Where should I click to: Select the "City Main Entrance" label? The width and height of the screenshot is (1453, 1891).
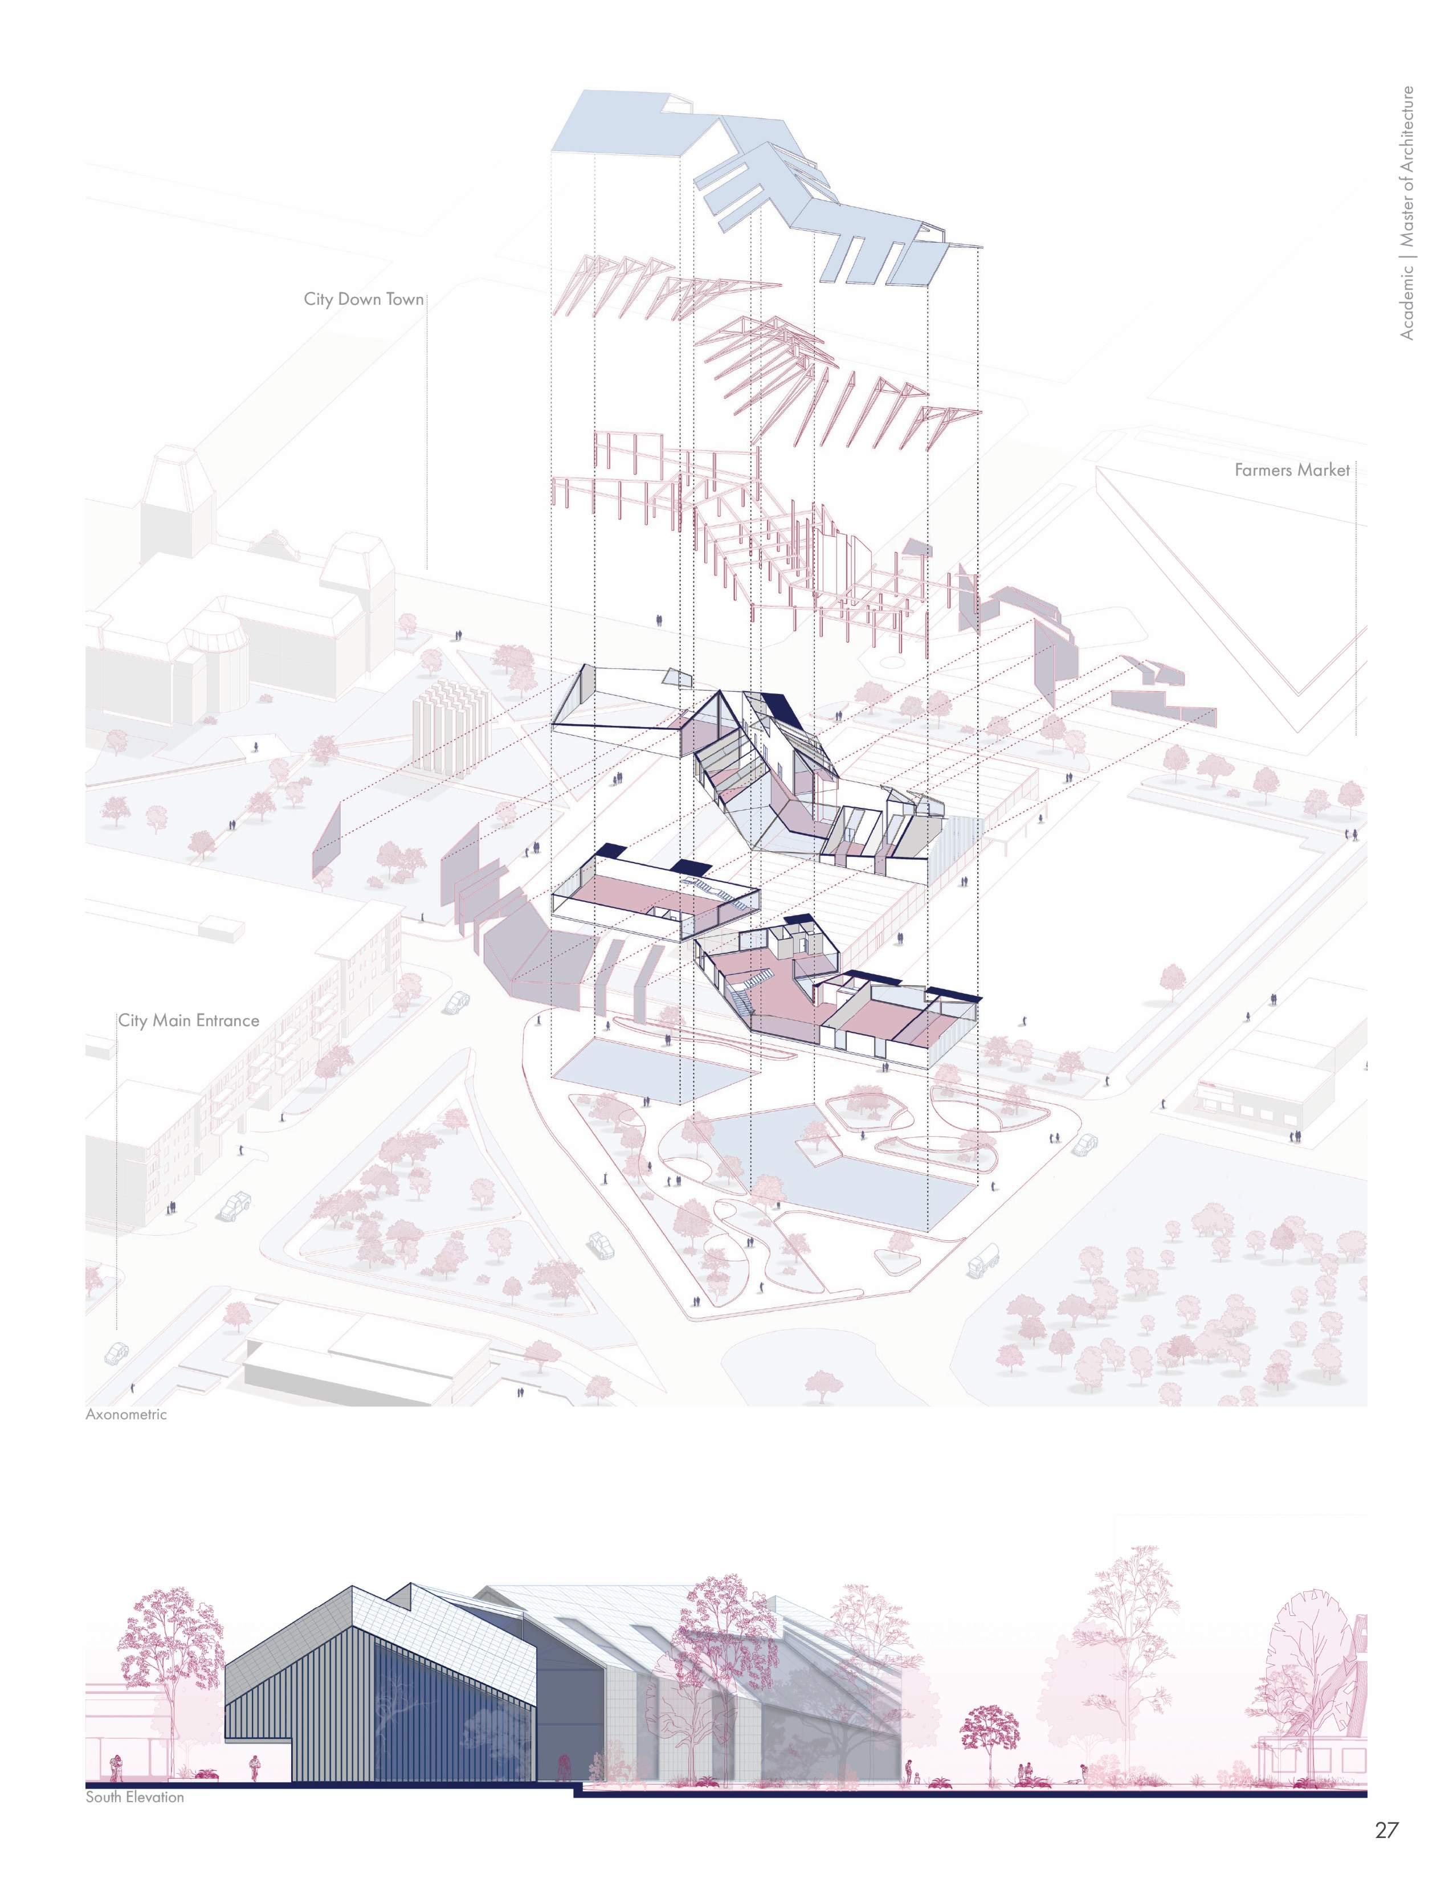pyautogui.click(x=189, y=1020)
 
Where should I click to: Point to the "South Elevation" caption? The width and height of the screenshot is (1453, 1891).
pyautogui.click(x=135, y=1798)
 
